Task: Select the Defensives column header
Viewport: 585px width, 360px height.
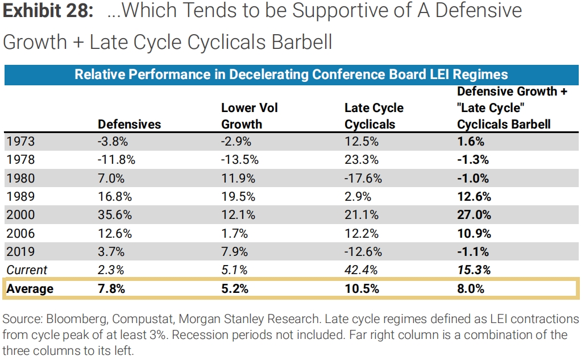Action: (129, 124)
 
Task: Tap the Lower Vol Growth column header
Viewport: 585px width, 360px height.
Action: (249, 116)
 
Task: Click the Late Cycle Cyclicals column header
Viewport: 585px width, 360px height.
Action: (374, 116)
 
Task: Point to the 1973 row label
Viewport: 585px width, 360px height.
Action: (20, 142)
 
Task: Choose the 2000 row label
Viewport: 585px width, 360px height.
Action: (20, 215)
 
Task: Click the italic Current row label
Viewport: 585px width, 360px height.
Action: (27, 270)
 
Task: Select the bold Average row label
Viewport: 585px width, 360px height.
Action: (30, 288)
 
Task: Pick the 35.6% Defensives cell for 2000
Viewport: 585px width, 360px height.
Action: (115, 215)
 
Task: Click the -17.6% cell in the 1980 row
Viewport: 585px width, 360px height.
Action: (362, 179)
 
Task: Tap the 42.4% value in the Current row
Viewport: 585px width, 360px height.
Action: (359, 270)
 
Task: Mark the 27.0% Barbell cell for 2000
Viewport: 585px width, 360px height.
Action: (473, 215)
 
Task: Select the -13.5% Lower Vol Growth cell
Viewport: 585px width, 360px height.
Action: (239, 160)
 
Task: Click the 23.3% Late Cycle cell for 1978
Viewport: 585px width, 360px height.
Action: (359, 160)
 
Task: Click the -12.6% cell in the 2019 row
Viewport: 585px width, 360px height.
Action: (362, 251)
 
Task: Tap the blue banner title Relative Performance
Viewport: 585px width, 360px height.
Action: (291, 75)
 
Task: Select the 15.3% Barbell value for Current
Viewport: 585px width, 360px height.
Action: (473, 270)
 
